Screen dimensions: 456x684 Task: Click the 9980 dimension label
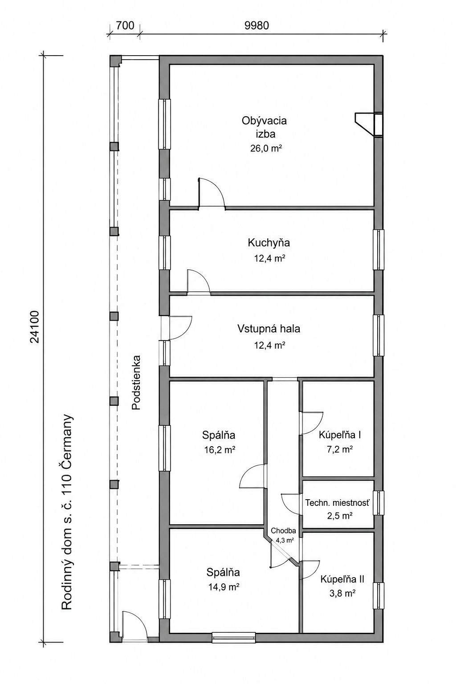click(x=256, y=25)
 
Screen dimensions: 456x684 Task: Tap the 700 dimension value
click(x=125, y=25)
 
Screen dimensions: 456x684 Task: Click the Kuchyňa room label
click(x=269, y=243)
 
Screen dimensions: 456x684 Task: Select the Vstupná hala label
click(x=269, y=329)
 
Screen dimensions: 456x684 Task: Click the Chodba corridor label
click(x=283, y=531)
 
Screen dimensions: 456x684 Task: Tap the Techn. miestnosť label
click(x=337, y=503)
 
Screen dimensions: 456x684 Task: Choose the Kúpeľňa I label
click(x=340, y=435)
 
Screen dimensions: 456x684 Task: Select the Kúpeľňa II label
click(x=342, y=579)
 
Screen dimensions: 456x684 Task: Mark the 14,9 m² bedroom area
click(x=223, y=586)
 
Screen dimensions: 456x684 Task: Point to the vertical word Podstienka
click(x=136, y=382)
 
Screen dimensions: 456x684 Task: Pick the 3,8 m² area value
click(x=342, y=593)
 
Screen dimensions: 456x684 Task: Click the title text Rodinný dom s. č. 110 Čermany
click(x=67, y=512)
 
